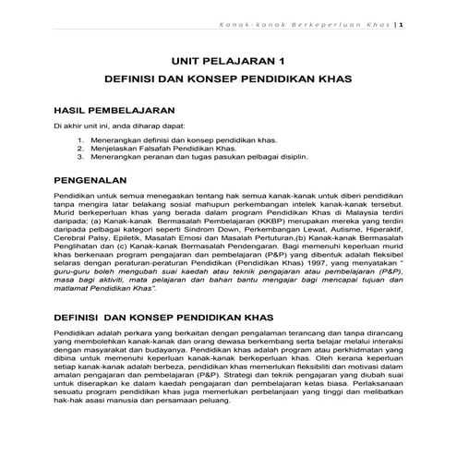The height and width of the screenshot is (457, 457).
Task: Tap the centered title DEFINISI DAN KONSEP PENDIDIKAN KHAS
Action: pyautogui.click(x=228, y=80)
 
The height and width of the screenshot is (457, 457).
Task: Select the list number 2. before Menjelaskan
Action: pyautogui.click(x=81, y=147)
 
